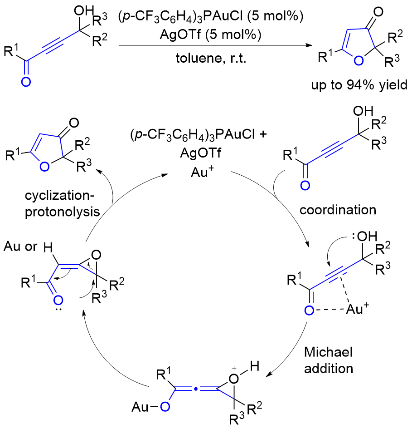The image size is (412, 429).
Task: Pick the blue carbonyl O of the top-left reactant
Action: pyautogui.click(x=27, y=82)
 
